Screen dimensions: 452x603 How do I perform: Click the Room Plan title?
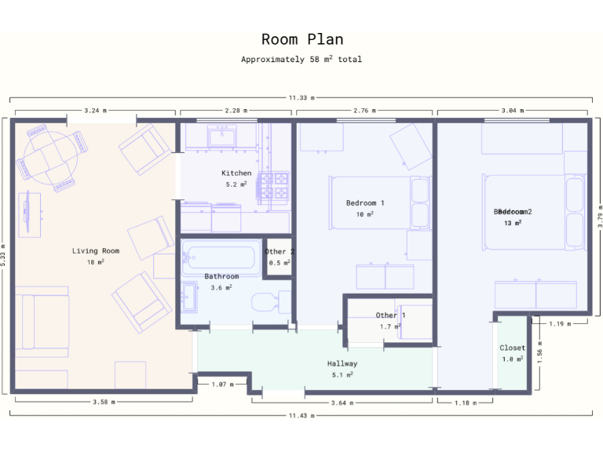pyautogui.click(x=301, y=39)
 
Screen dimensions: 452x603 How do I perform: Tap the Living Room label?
pyautogui.click(x=96, y=251)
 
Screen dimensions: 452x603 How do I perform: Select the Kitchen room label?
pyautogui.click(x=236, y=173)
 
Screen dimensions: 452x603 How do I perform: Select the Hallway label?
pyautogui.click(x=342, y=363)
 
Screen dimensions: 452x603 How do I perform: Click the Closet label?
pyautogui.click(x=513, y=348)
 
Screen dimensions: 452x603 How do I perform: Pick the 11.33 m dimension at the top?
pyautogui.click(x=301, y=98)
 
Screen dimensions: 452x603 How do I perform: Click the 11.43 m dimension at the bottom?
pyautogui.click(x=301, y=415)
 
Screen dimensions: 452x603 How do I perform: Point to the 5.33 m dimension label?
pyautogui.click(x=5, y=255)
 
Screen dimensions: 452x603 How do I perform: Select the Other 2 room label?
pyautogui.click(x=280, y=251)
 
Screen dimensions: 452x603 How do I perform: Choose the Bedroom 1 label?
pyautogui.click(x=365, y=202)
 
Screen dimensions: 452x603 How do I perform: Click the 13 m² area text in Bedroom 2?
pyautogui.click(x=513, y=223)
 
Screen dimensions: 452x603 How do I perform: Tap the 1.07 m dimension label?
pyautogui.click(x=223, y=385)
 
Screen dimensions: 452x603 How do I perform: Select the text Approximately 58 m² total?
pyautogui.click(x=301, y=59)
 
